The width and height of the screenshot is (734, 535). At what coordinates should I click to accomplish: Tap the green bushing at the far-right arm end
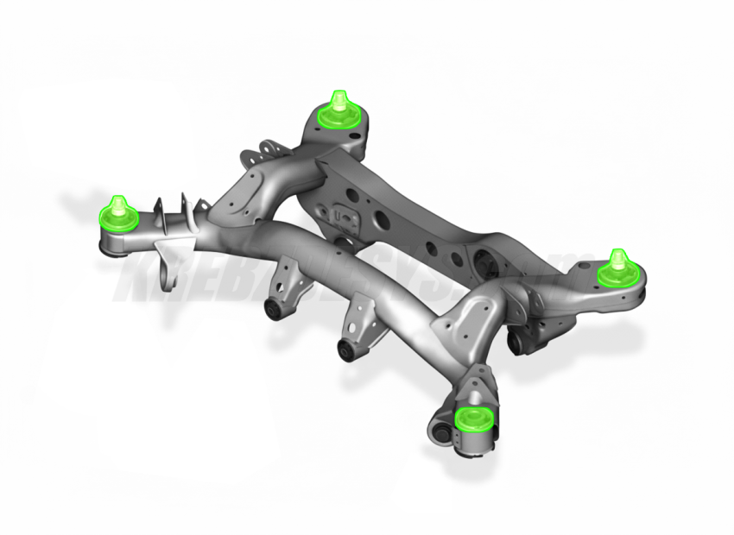[617, 268]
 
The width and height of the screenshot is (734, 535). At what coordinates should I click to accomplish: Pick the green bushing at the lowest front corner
[471, 420]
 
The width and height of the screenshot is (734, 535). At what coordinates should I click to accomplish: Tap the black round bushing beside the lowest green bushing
[442, 429]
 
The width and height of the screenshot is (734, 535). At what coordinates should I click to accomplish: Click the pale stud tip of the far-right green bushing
[617, 255]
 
